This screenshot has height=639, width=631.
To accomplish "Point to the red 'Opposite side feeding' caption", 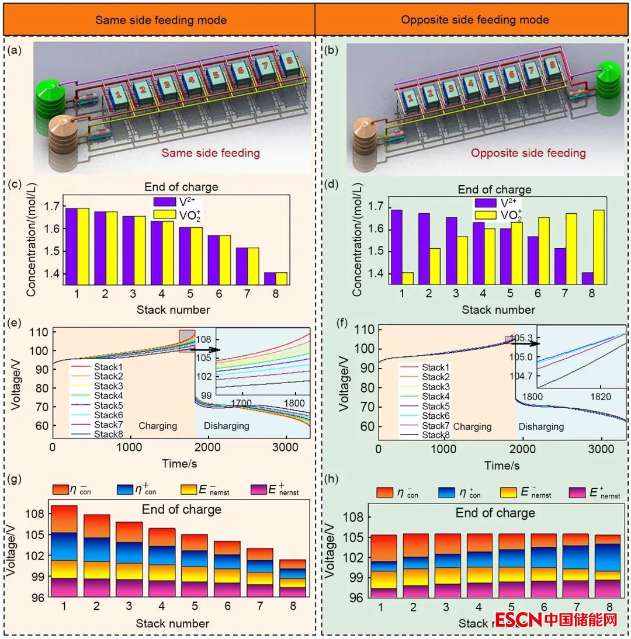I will click(528, 154).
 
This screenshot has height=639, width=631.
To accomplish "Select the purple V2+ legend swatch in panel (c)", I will click(164, 201).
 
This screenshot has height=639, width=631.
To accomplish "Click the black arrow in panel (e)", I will click(207, 349).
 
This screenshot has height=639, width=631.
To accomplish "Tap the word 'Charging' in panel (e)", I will click(158, 426).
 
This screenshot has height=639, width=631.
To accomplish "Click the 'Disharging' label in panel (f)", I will click(541, 426).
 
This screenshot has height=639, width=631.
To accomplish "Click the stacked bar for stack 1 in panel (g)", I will click(64, 551).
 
